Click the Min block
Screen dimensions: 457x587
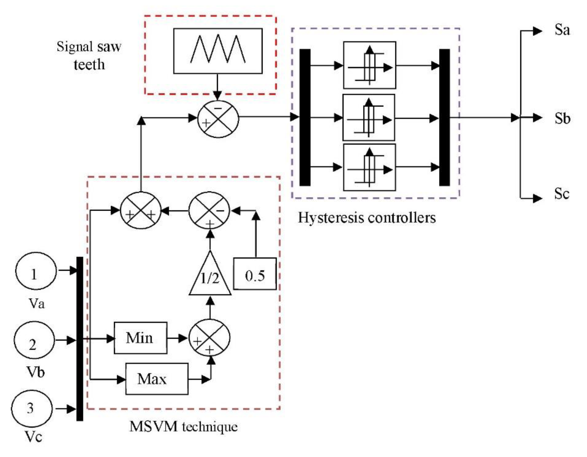coord(140,338)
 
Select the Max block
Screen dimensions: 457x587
coord(157,379)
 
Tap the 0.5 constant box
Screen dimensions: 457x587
coord(255,274)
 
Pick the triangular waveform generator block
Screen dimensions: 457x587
coord(218,51)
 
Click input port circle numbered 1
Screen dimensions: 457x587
coord(36,271)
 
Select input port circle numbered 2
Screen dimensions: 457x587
coord(34,340)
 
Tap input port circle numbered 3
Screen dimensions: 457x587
coord(32,409)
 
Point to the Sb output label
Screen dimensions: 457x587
coord(562,118)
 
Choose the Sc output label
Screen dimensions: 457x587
coord(562,193)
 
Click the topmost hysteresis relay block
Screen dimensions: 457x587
coord(370,65)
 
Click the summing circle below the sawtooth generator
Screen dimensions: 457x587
coord(218,119)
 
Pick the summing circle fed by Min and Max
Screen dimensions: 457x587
coord(210,338)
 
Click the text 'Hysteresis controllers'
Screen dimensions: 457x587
coord(367,218)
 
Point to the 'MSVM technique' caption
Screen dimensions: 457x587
coord(184,426)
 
